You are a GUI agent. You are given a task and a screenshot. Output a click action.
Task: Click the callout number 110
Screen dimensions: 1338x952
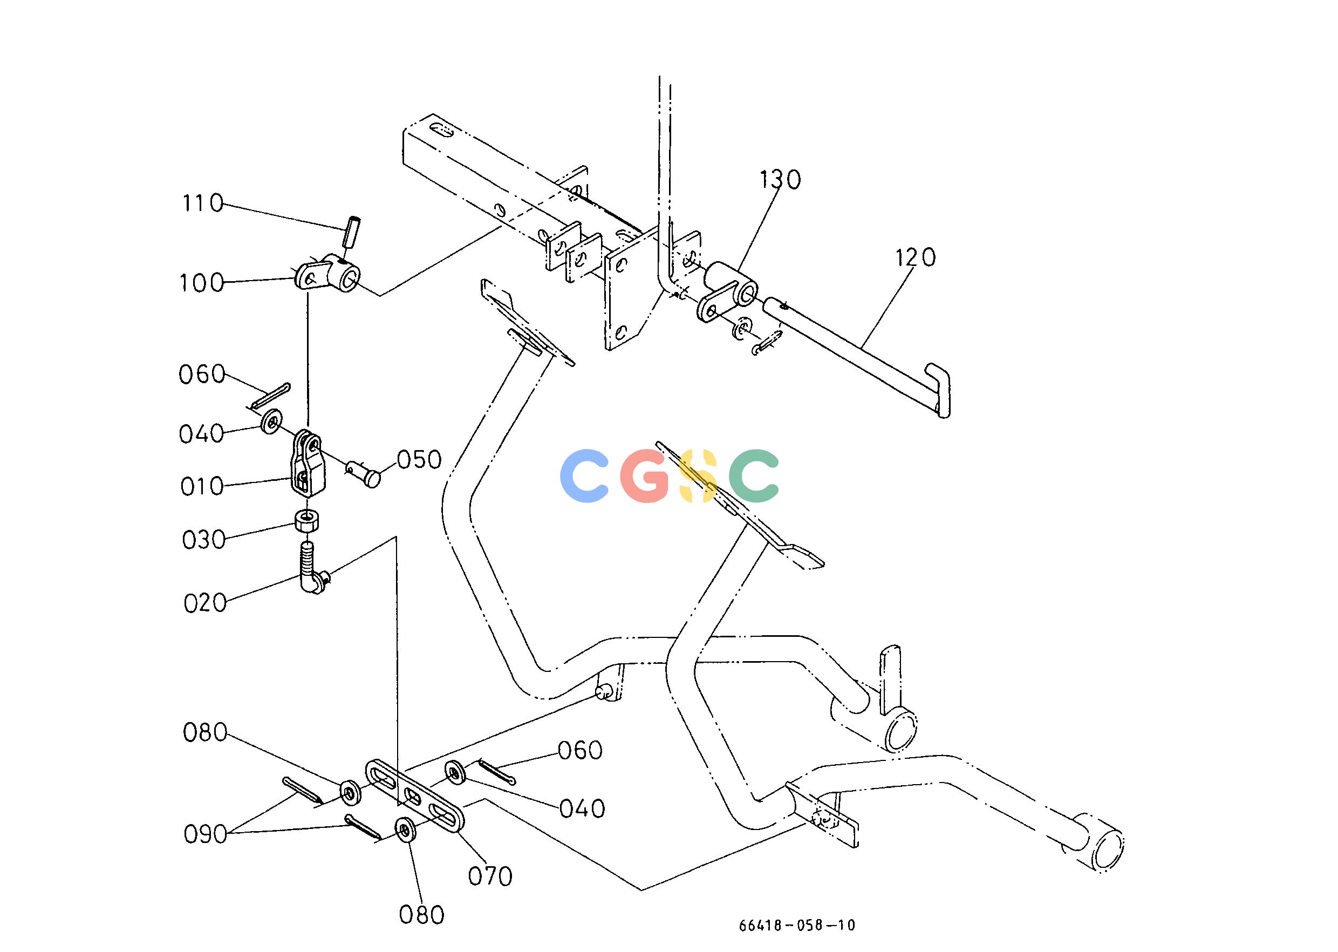(x=203, y=203)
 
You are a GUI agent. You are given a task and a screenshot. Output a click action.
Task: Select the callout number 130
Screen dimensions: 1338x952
(x=780, y=179)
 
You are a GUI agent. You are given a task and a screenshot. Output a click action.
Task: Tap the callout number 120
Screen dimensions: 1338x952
(x=916, y=257)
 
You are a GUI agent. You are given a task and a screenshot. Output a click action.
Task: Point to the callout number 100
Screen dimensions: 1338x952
(x=202, y=283)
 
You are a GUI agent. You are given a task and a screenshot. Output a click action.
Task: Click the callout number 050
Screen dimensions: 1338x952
(x=419, y=460)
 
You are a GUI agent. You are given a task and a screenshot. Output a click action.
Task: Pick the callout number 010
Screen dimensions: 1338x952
(x=202, y=487)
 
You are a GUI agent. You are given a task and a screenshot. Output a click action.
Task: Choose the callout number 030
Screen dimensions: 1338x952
(x=204, y=540)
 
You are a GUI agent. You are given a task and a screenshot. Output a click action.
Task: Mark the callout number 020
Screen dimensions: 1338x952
(x=205, y=603)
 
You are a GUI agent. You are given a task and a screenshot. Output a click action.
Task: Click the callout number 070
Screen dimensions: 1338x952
(x=490, y=876)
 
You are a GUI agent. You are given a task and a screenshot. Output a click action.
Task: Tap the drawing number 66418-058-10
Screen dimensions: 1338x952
(x=796, y=925)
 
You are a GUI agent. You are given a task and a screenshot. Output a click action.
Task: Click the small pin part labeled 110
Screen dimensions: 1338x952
(x=352, y=233)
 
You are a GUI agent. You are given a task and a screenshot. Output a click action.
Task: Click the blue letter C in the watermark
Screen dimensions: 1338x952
(x=584, y=475)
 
